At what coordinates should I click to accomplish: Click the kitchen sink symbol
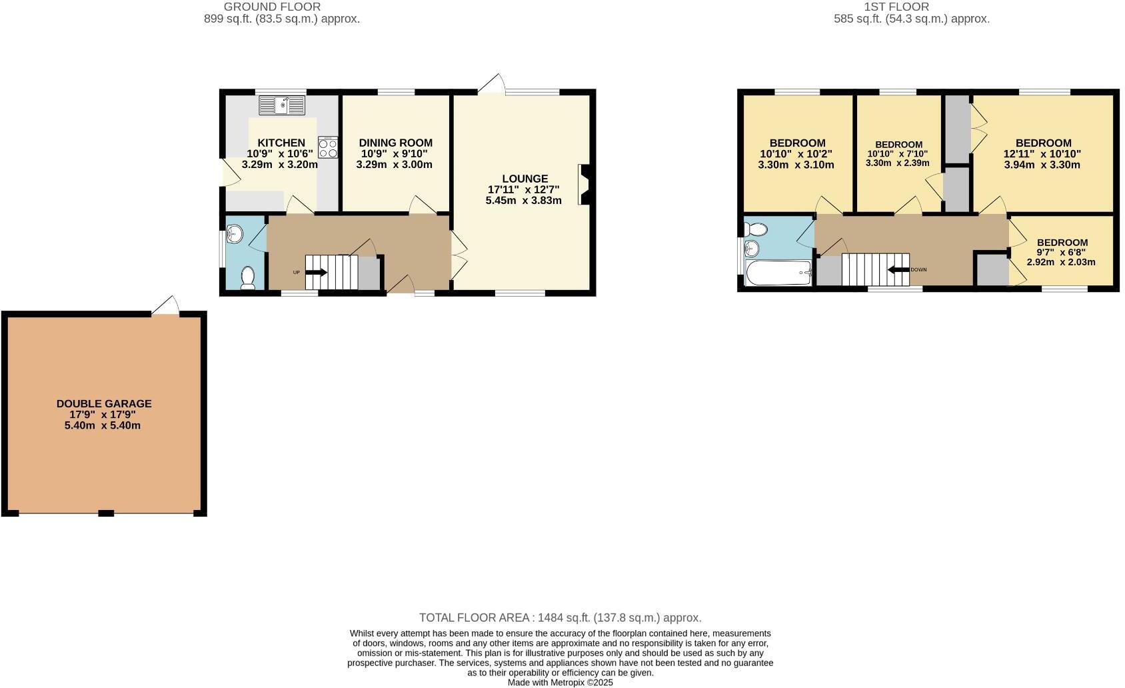[281, 105]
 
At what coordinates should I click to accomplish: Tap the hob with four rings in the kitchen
[328, 147]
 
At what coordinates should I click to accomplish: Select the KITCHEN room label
[281, 143]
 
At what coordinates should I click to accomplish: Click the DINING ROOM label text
[395, 143]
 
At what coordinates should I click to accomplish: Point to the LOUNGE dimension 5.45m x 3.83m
[523, 200]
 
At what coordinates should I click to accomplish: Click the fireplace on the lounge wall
[584, 184]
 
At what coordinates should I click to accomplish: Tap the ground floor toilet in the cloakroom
[247, 277]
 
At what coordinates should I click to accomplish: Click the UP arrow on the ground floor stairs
[316, 272]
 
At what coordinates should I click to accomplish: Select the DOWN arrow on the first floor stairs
[900, 269]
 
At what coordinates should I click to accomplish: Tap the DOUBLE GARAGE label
[104, 403]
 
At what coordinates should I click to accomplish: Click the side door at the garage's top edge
[166, 307]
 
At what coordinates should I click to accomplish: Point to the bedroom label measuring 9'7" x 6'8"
[1062, 243]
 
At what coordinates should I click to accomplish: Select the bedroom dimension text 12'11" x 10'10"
[1042, 153]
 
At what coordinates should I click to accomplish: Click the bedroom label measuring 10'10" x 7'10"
[898, 145]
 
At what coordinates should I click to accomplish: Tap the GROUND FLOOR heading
[272, 7]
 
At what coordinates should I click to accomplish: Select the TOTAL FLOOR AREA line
[560, 618]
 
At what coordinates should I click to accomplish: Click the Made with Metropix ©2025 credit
[560, 682]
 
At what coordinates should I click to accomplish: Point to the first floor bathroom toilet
[756, 229]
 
